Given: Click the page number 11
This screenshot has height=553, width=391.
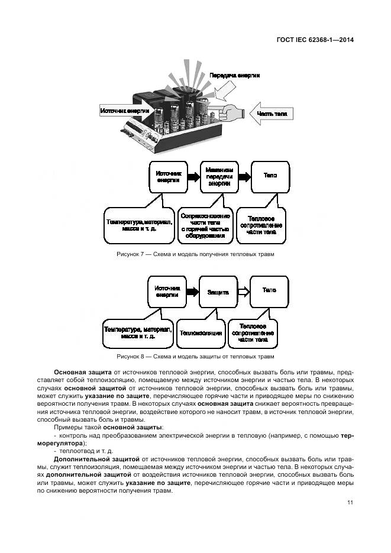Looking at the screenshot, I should point(350,503).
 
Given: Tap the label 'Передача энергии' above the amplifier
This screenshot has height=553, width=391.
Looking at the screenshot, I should point(234,76).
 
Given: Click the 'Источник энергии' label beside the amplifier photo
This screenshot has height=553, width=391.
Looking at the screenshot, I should point(125,111).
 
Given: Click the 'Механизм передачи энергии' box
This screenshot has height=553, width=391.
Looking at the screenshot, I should point(220,176).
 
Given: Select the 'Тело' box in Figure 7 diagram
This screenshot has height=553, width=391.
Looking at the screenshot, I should point(270,176).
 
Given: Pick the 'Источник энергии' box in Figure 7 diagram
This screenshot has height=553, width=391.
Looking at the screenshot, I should point(168,177).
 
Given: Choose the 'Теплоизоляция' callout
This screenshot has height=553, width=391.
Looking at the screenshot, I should point(201,333).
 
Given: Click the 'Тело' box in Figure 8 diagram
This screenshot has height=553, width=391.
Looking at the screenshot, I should point(269,291).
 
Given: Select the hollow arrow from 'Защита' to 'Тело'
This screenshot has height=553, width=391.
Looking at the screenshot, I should point(242,292).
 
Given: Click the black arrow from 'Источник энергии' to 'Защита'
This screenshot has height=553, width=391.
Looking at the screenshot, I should point(192,292).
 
